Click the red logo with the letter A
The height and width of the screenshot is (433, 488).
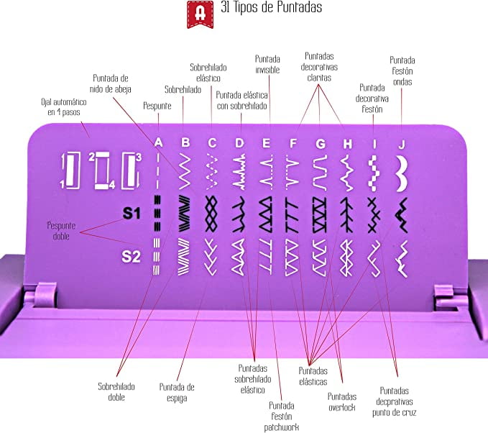click(200, 14)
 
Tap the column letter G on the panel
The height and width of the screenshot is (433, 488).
click(321, 144)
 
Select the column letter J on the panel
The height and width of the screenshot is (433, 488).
click(402, 145)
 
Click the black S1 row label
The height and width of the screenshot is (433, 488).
click(132, 214)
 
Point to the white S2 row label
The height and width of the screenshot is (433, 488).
click(131, 257)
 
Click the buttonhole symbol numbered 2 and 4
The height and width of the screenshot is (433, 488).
click(102, 170)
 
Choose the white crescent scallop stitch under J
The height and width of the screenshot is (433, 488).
click(402, 173)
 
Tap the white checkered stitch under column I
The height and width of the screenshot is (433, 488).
click(373, 173)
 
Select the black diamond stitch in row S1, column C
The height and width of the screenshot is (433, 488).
click(211, 214)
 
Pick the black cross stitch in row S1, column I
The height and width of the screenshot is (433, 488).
click(374, 215)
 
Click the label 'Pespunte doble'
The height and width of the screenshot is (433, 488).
click(61, 231)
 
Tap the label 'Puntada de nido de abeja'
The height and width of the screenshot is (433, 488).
click(111, 83)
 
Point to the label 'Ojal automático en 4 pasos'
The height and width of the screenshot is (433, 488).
click(64, 107)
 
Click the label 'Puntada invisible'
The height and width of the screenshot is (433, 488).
click(267, 64)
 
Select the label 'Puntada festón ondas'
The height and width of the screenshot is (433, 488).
click(402, 71)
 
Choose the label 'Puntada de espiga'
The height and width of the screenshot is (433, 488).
click(177, 393)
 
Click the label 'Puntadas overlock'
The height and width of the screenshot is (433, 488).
click(341, 402)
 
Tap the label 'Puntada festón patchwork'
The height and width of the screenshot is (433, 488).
click(281, 416)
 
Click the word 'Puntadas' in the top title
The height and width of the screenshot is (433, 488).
click(300, 7)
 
